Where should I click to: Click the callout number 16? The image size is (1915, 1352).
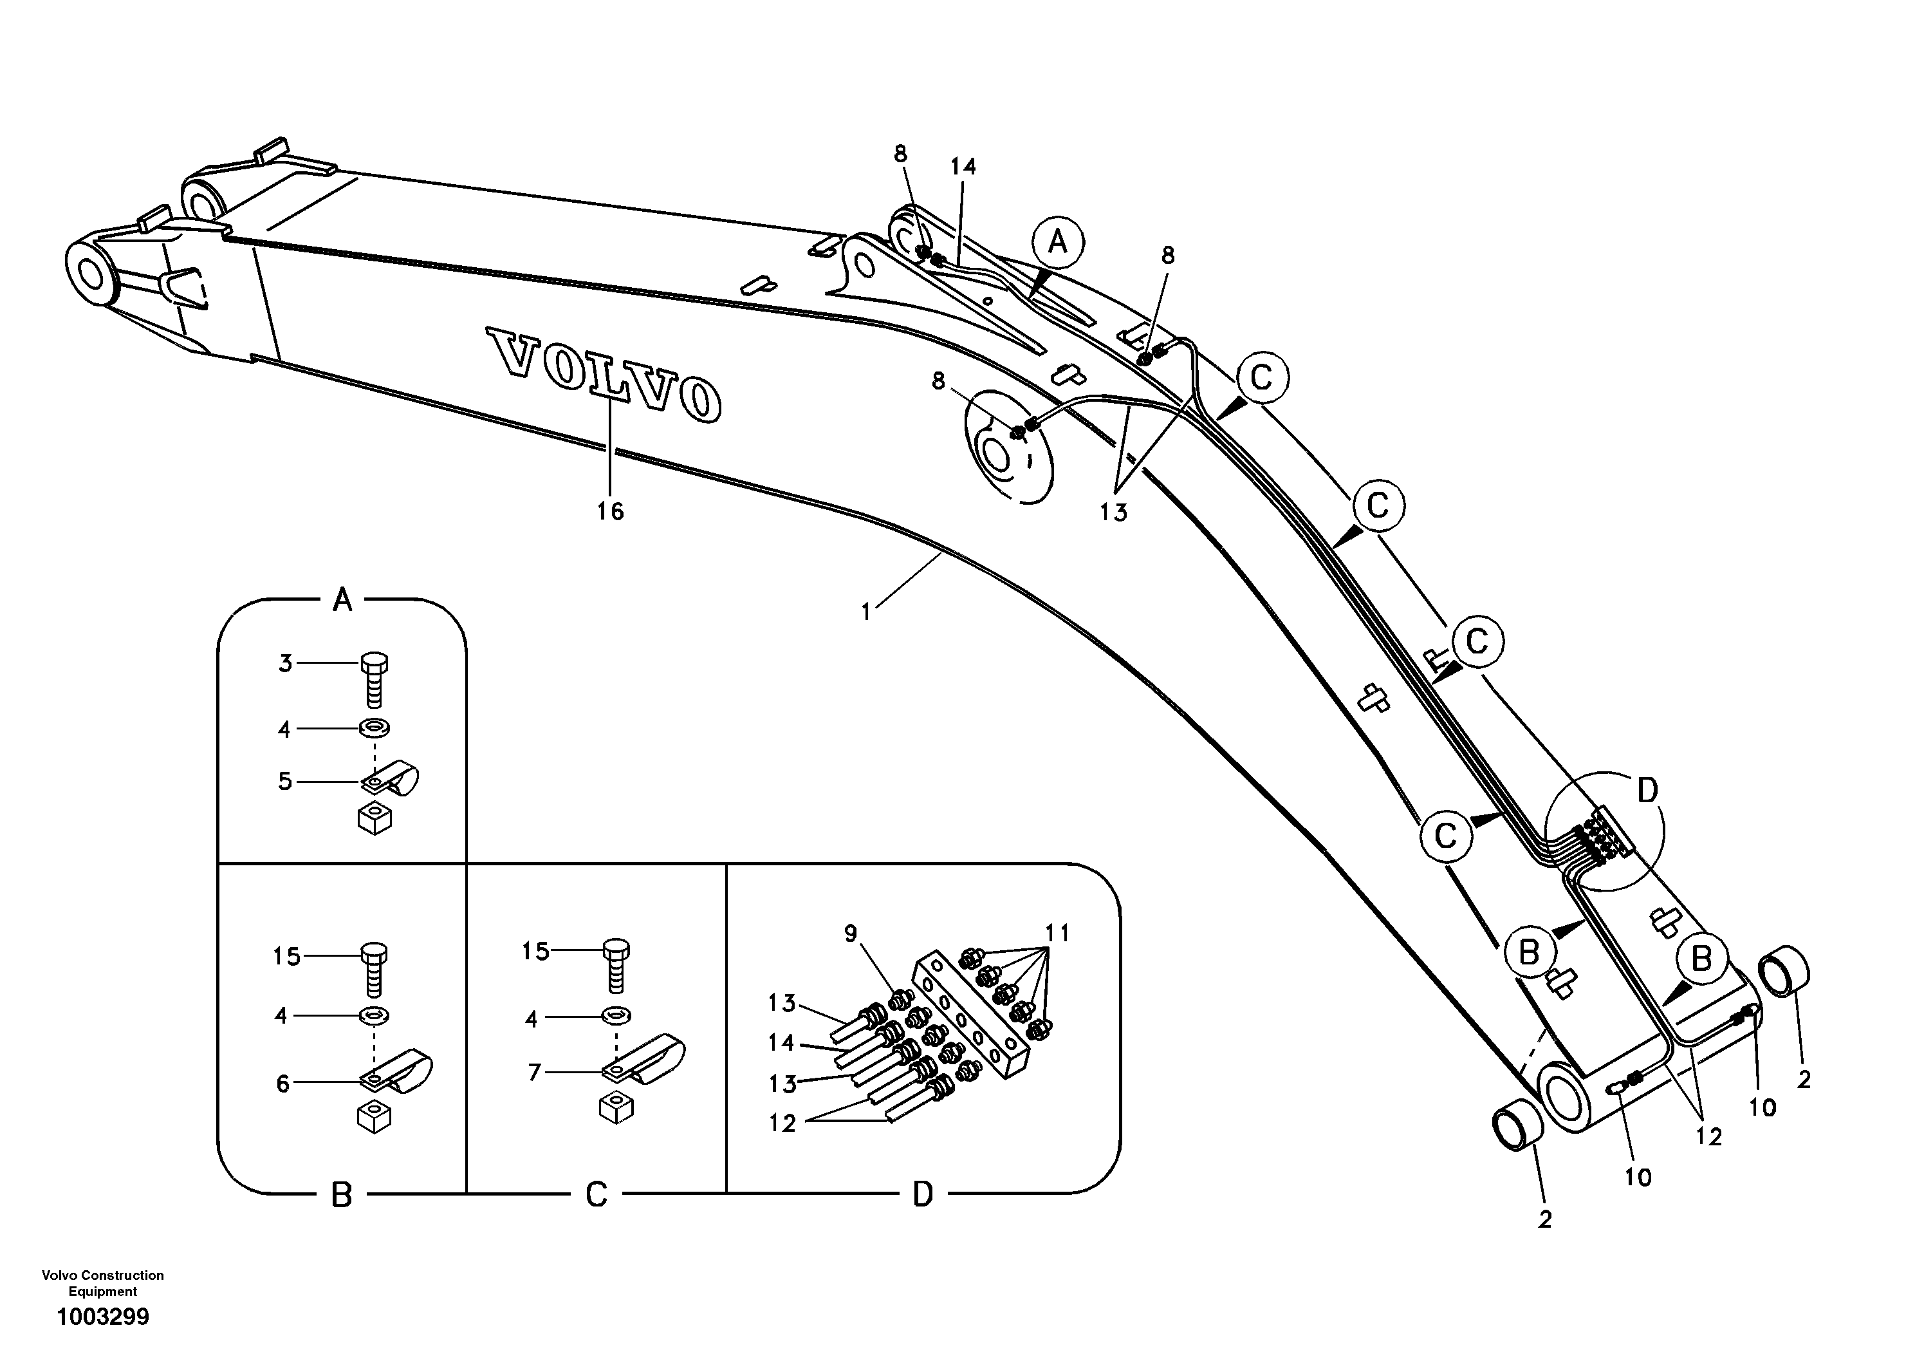609,511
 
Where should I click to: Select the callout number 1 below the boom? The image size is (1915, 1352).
865,612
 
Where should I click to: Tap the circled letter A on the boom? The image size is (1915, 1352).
1057,243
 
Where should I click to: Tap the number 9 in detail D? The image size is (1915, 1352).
850,933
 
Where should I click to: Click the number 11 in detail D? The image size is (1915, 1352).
1057,933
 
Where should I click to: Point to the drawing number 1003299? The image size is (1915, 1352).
102,1317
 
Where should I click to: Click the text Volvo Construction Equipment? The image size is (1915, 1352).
102,1282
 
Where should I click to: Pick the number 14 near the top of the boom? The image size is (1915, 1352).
963,167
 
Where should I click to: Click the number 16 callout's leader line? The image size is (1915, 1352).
609,451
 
